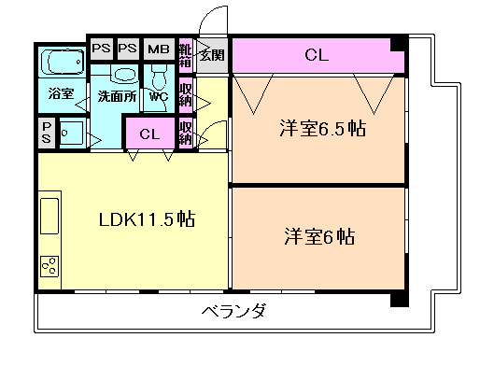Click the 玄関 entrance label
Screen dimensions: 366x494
(x=211, y=54)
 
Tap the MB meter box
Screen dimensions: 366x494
(x=159, y=49)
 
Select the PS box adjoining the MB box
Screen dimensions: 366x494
(x=129, y=49)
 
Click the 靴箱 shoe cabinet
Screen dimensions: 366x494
(x=185, y=55)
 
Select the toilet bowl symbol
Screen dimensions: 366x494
(x=157, y=74)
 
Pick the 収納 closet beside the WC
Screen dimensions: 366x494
(x=185, y=93)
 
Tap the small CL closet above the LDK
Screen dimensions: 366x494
(x=149, y=134)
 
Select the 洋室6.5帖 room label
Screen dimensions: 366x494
(x=320, y=130)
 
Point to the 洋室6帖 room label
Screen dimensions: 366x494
(x=319, y=237)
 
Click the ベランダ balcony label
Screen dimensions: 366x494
(x=233, y=311)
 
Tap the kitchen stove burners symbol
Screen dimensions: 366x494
(x=49, y=266)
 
